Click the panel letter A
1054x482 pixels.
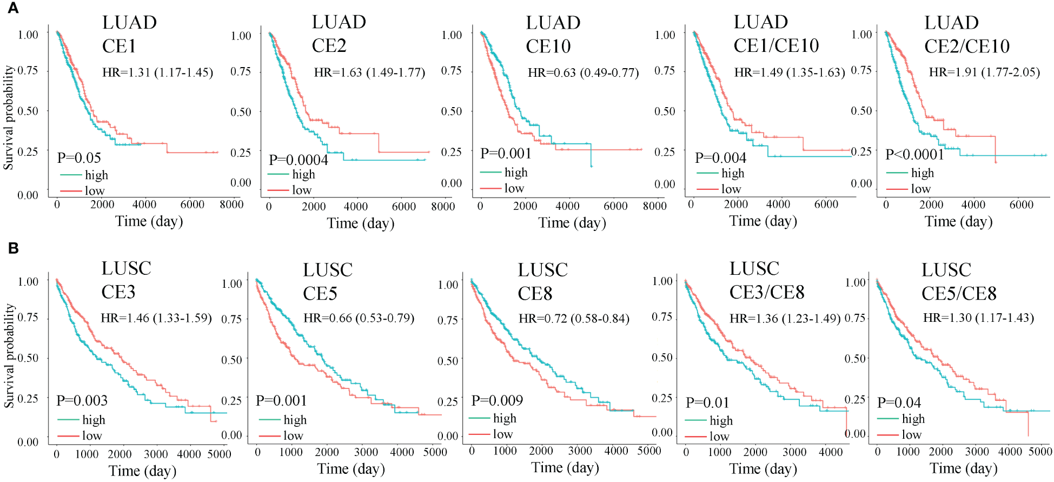[12, 8]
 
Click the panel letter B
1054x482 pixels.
[13, 248]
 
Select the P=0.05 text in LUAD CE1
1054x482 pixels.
[79, 158]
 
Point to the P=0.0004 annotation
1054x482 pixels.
[298, 160]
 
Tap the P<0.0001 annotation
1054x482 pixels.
[914, 155]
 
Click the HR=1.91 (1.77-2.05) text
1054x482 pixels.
[984, 72]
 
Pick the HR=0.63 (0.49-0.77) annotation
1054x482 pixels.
[583, 72]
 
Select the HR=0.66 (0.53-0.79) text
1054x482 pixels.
[359, 318]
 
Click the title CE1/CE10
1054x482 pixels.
[776, 46]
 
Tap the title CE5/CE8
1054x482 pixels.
[959, 294]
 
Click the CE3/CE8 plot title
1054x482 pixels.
[767, 293]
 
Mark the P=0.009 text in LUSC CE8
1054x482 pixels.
[497, 400]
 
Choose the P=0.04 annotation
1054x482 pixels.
[899, 402]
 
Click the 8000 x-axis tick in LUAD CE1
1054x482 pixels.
[231, 204]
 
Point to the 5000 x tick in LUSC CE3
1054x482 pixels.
[219, 454]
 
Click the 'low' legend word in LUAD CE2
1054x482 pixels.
[302, 190]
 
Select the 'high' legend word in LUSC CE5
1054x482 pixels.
[295, 420]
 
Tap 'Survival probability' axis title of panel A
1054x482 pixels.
[8, 118]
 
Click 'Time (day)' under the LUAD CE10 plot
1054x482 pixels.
[572, 223]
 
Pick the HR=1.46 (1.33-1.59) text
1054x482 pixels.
[156, 318]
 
